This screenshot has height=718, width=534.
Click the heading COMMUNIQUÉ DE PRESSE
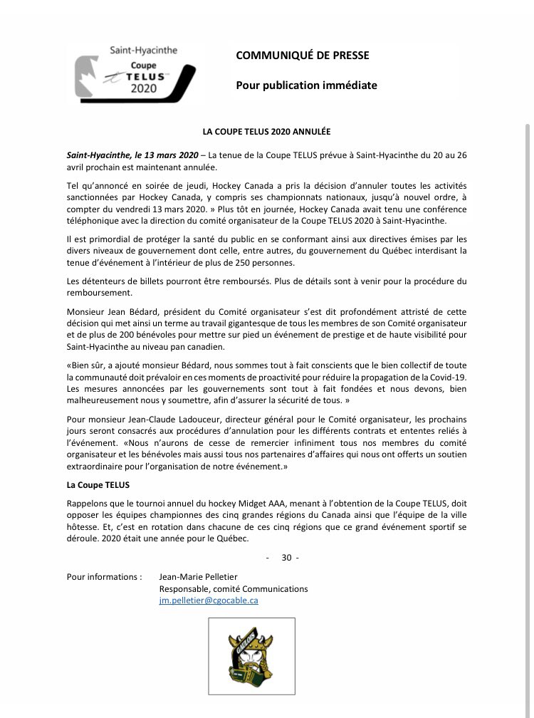303,56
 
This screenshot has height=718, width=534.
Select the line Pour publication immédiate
306,85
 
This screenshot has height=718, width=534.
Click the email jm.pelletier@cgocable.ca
209,600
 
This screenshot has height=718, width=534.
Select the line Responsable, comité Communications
234,589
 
